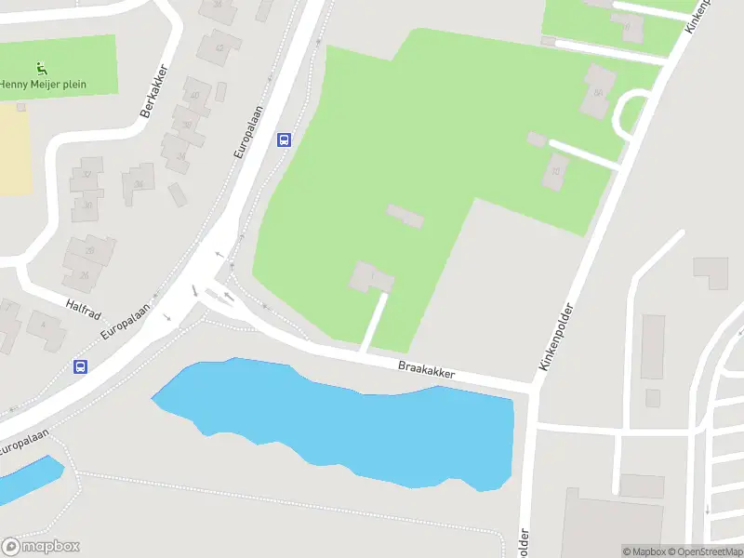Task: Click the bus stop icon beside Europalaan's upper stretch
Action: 284,140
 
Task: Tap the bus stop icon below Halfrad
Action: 81,366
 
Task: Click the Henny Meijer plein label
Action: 43,85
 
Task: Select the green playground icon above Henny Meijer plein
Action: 41,68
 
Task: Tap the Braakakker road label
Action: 426,370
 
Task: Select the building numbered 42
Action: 219,46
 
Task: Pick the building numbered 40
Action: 194,94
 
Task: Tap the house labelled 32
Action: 87,175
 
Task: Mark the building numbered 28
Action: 90,249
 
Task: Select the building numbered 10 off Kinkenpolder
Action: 556,171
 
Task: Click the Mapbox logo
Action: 40,547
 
